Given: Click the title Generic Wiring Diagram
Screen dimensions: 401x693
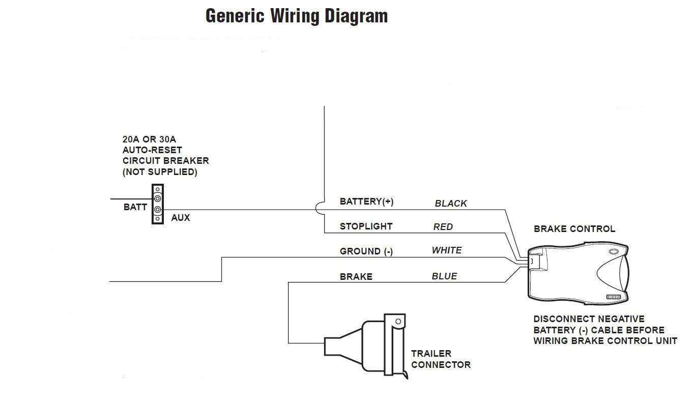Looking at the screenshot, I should (x=296, y=16).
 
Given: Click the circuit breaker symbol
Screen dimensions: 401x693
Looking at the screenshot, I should (x=158, y=204).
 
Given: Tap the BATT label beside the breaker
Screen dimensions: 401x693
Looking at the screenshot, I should (x=135, y=207).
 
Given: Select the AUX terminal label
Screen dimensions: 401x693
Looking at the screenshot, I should (x=180, y=218).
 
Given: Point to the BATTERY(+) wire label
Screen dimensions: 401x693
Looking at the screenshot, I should (x=366, y=202).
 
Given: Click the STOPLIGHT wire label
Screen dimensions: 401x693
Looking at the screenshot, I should (x=366, y=226).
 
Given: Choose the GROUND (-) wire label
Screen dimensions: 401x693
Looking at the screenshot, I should (x=366, y=251).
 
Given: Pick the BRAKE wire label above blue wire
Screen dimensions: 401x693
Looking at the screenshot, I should (x=356, y=277).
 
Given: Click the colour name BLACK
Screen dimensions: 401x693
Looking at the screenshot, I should (x=450, y=204).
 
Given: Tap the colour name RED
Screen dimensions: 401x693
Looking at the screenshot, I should (x=443, y=227).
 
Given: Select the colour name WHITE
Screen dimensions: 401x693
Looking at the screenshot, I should (x=447, y=250).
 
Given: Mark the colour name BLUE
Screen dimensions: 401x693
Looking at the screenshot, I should (x=444, y=276).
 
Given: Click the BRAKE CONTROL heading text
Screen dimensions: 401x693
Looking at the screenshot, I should (x=574, y=229).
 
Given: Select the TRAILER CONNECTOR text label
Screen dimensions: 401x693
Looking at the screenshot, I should (x=441, y=359).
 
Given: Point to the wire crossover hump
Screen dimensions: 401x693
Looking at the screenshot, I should (x=320, y=209).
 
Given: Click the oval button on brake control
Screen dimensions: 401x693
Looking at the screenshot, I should (x=614, y=251).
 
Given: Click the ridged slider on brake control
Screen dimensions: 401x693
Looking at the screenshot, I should (x=614, y=297).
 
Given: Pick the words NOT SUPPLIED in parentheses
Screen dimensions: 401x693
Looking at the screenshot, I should (x=160, y=172).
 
